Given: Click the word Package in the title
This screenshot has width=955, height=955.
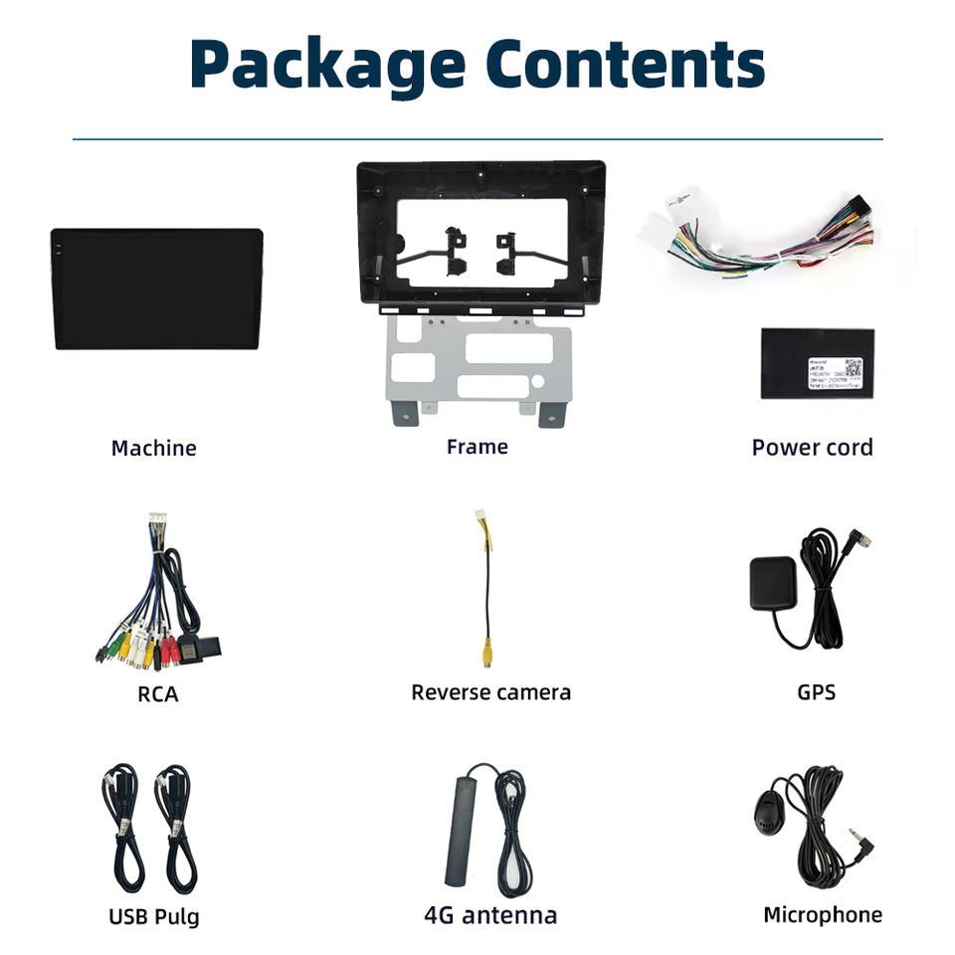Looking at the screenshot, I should click(x=327, y=66).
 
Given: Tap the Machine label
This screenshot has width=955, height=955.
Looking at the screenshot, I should click(x=153, y=449).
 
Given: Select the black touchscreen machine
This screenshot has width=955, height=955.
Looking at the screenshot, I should click(x=157, y=288).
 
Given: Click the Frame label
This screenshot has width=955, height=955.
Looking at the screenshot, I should click(x=477, y=447).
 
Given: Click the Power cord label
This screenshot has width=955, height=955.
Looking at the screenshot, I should click(x=812, y=448).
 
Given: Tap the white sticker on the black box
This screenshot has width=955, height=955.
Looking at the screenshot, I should click(x=834, y=374).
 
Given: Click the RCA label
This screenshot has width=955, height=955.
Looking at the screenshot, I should click(x=158, y=694).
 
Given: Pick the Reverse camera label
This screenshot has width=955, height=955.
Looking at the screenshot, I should click(x=490, y=692).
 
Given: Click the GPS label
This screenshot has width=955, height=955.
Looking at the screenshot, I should click(x=816, y=691).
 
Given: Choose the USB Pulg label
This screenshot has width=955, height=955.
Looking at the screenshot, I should click(x=154, y=915).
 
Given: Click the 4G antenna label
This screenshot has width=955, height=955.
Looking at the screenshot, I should click(x=490, y=915).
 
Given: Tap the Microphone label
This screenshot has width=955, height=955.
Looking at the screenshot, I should click(x=822, y=915).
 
